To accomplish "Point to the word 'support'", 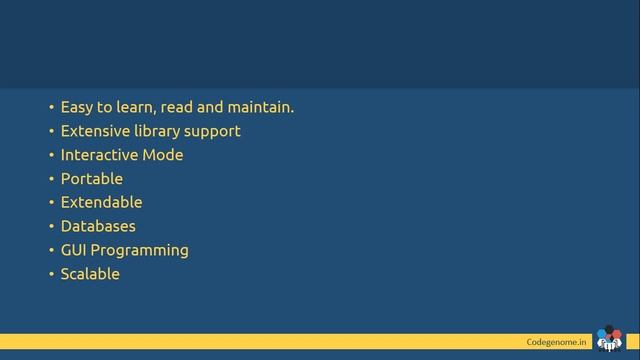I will [x=213, y=132].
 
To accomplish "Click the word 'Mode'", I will [x=164, y=155].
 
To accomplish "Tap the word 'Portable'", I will [x=92, y=179].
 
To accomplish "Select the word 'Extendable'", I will [x=101, y=202].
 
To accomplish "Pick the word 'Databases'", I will [x=98, y=226].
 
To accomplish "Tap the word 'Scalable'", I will [x=90, y=274].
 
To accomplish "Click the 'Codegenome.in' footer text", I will [x=556, y=342].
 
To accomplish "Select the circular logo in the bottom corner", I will [x=608, y=340].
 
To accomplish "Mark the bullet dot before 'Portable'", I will [x=51, y=180].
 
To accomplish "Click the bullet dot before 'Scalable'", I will [x=51, y=275].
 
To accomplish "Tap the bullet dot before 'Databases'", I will [x=51, y=227].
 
